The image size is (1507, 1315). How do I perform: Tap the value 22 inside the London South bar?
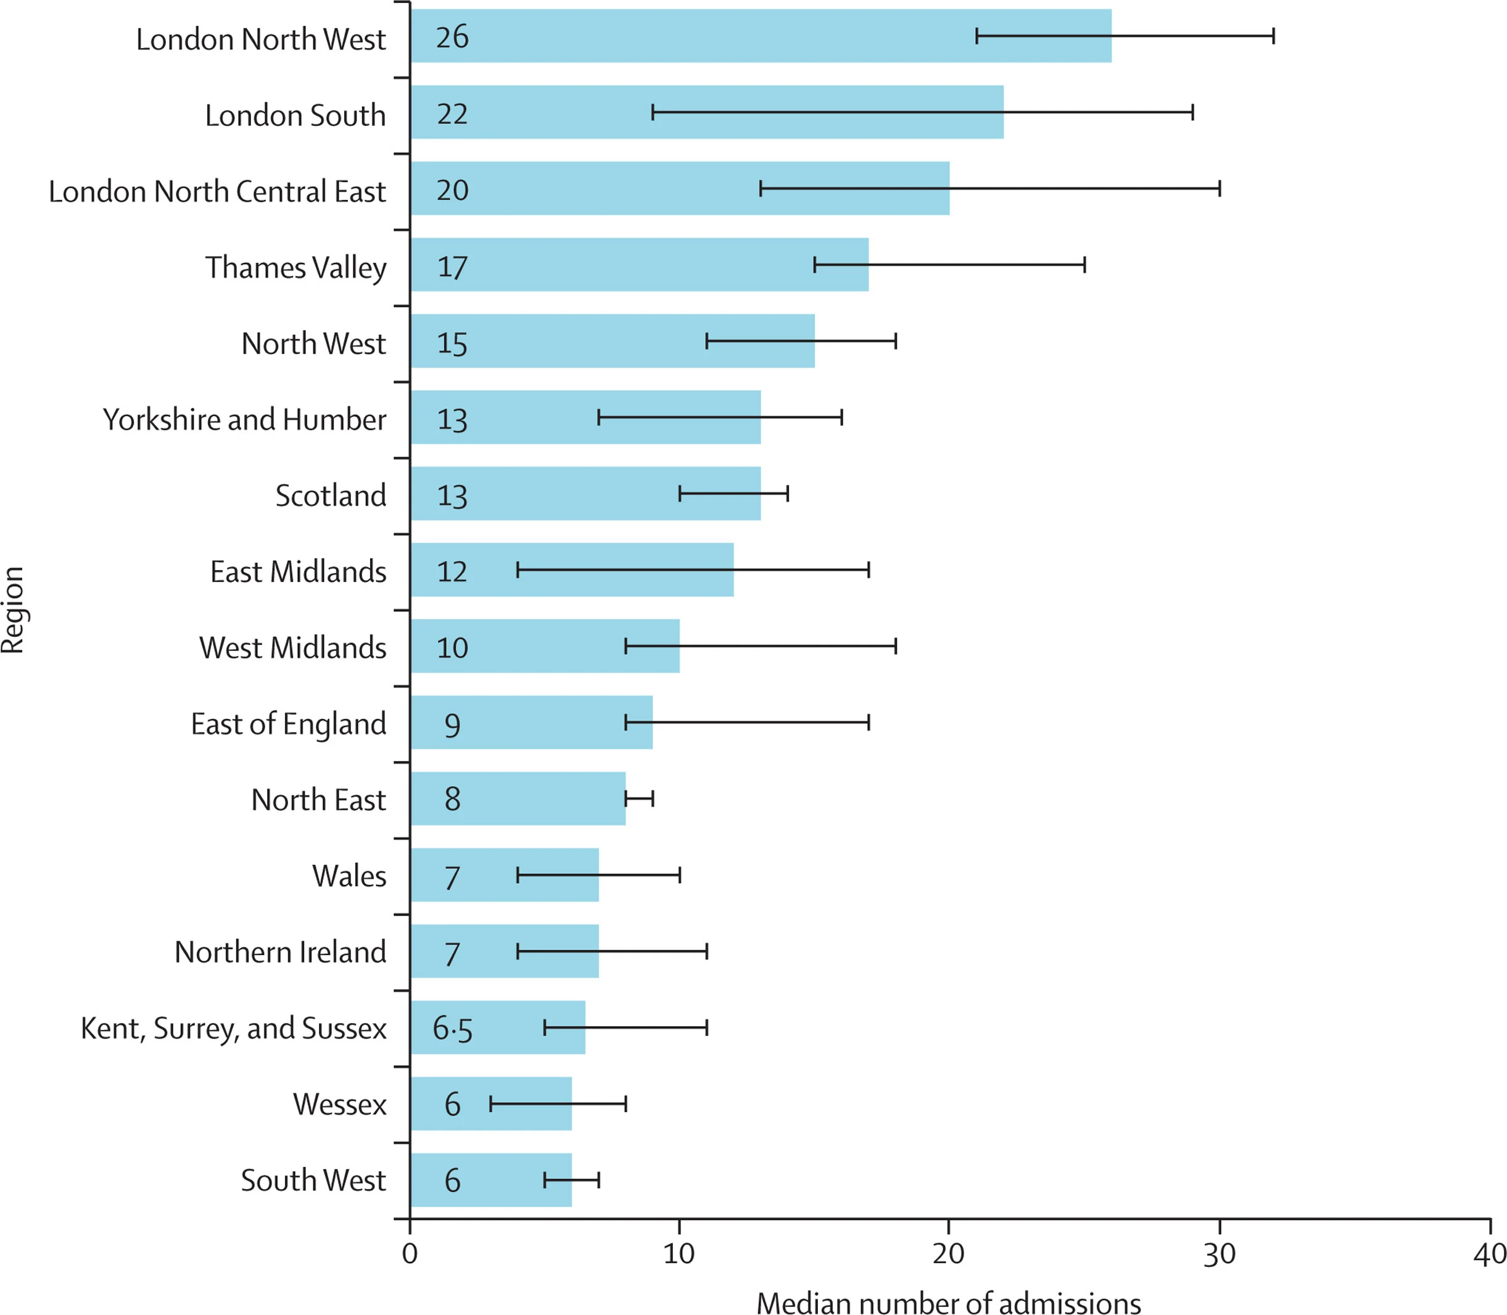pos(452,114)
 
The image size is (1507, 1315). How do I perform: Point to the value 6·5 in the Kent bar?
pos(452,1029)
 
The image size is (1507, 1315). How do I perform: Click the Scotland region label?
pos(330,496)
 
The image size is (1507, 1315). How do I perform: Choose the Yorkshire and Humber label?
pos(244,420)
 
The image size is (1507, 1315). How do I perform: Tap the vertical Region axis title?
pos(13,610)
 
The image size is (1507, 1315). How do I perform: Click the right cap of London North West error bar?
pos(1274,36)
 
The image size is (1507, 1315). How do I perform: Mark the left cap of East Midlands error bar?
pos(518,570)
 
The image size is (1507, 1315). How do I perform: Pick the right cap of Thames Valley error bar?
pos(1084,265)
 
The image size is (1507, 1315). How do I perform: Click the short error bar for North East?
pos(639,799)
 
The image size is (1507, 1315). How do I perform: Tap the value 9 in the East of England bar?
pos(452,724)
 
